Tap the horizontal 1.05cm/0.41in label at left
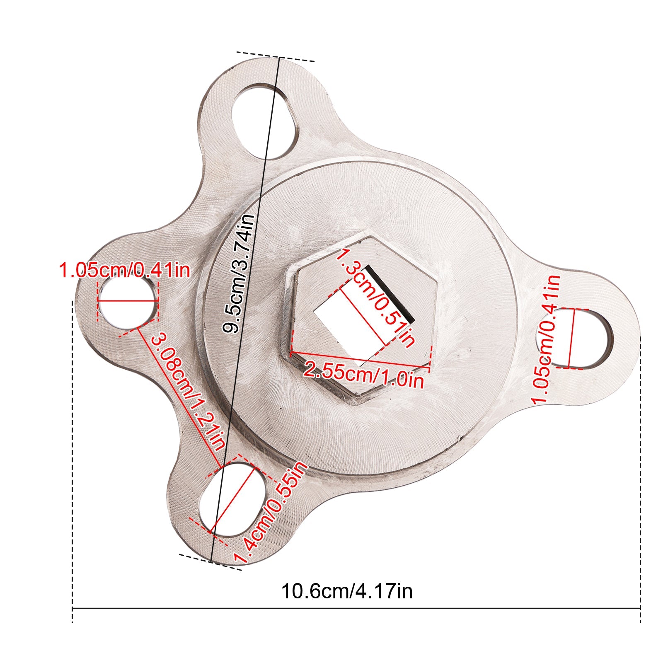point(124,270)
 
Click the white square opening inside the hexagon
point(348,319)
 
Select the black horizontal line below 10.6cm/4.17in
point(356,608)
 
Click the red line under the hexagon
point(361,359)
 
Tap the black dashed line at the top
point(276,57)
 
